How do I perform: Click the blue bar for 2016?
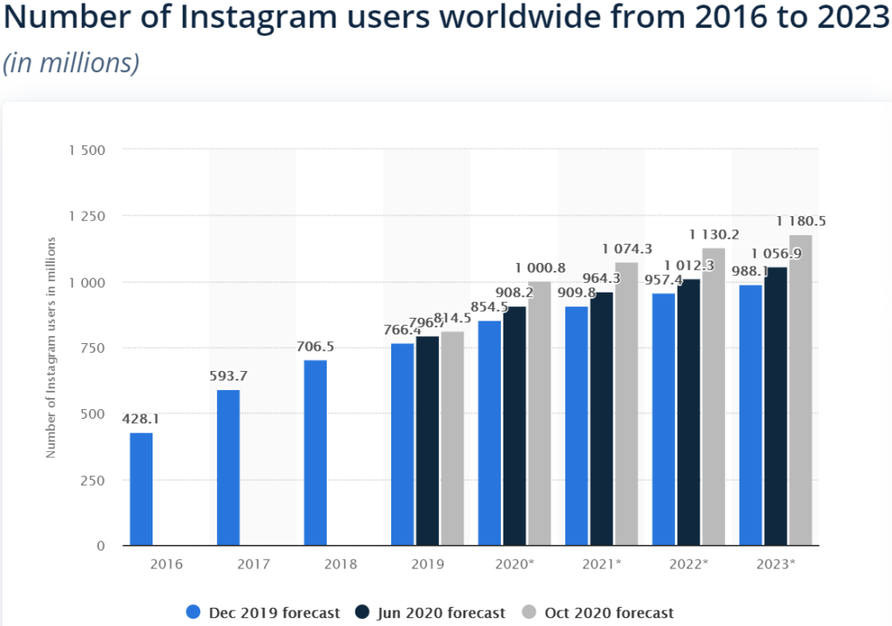pyautogui.click(x=141, y=489)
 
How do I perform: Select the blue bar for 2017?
pyautogui.click(x=228, y=468)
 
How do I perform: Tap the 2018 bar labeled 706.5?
pyautogui.click(x=315, y=453)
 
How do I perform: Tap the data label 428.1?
pyautogui.click(x=141, y=419)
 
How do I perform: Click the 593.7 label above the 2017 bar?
pyautogui.click(x=228, y=375)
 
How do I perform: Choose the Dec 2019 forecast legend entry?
pyautogui.click(x=263, y=613)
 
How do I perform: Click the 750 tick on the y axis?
pyautogui.click(x=91, y=348)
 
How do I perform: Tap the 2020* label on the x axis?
pyautogui.click(x=514, y=564)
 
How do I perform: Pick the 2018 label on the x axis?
pyautogui.click(x=340, y=564)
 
